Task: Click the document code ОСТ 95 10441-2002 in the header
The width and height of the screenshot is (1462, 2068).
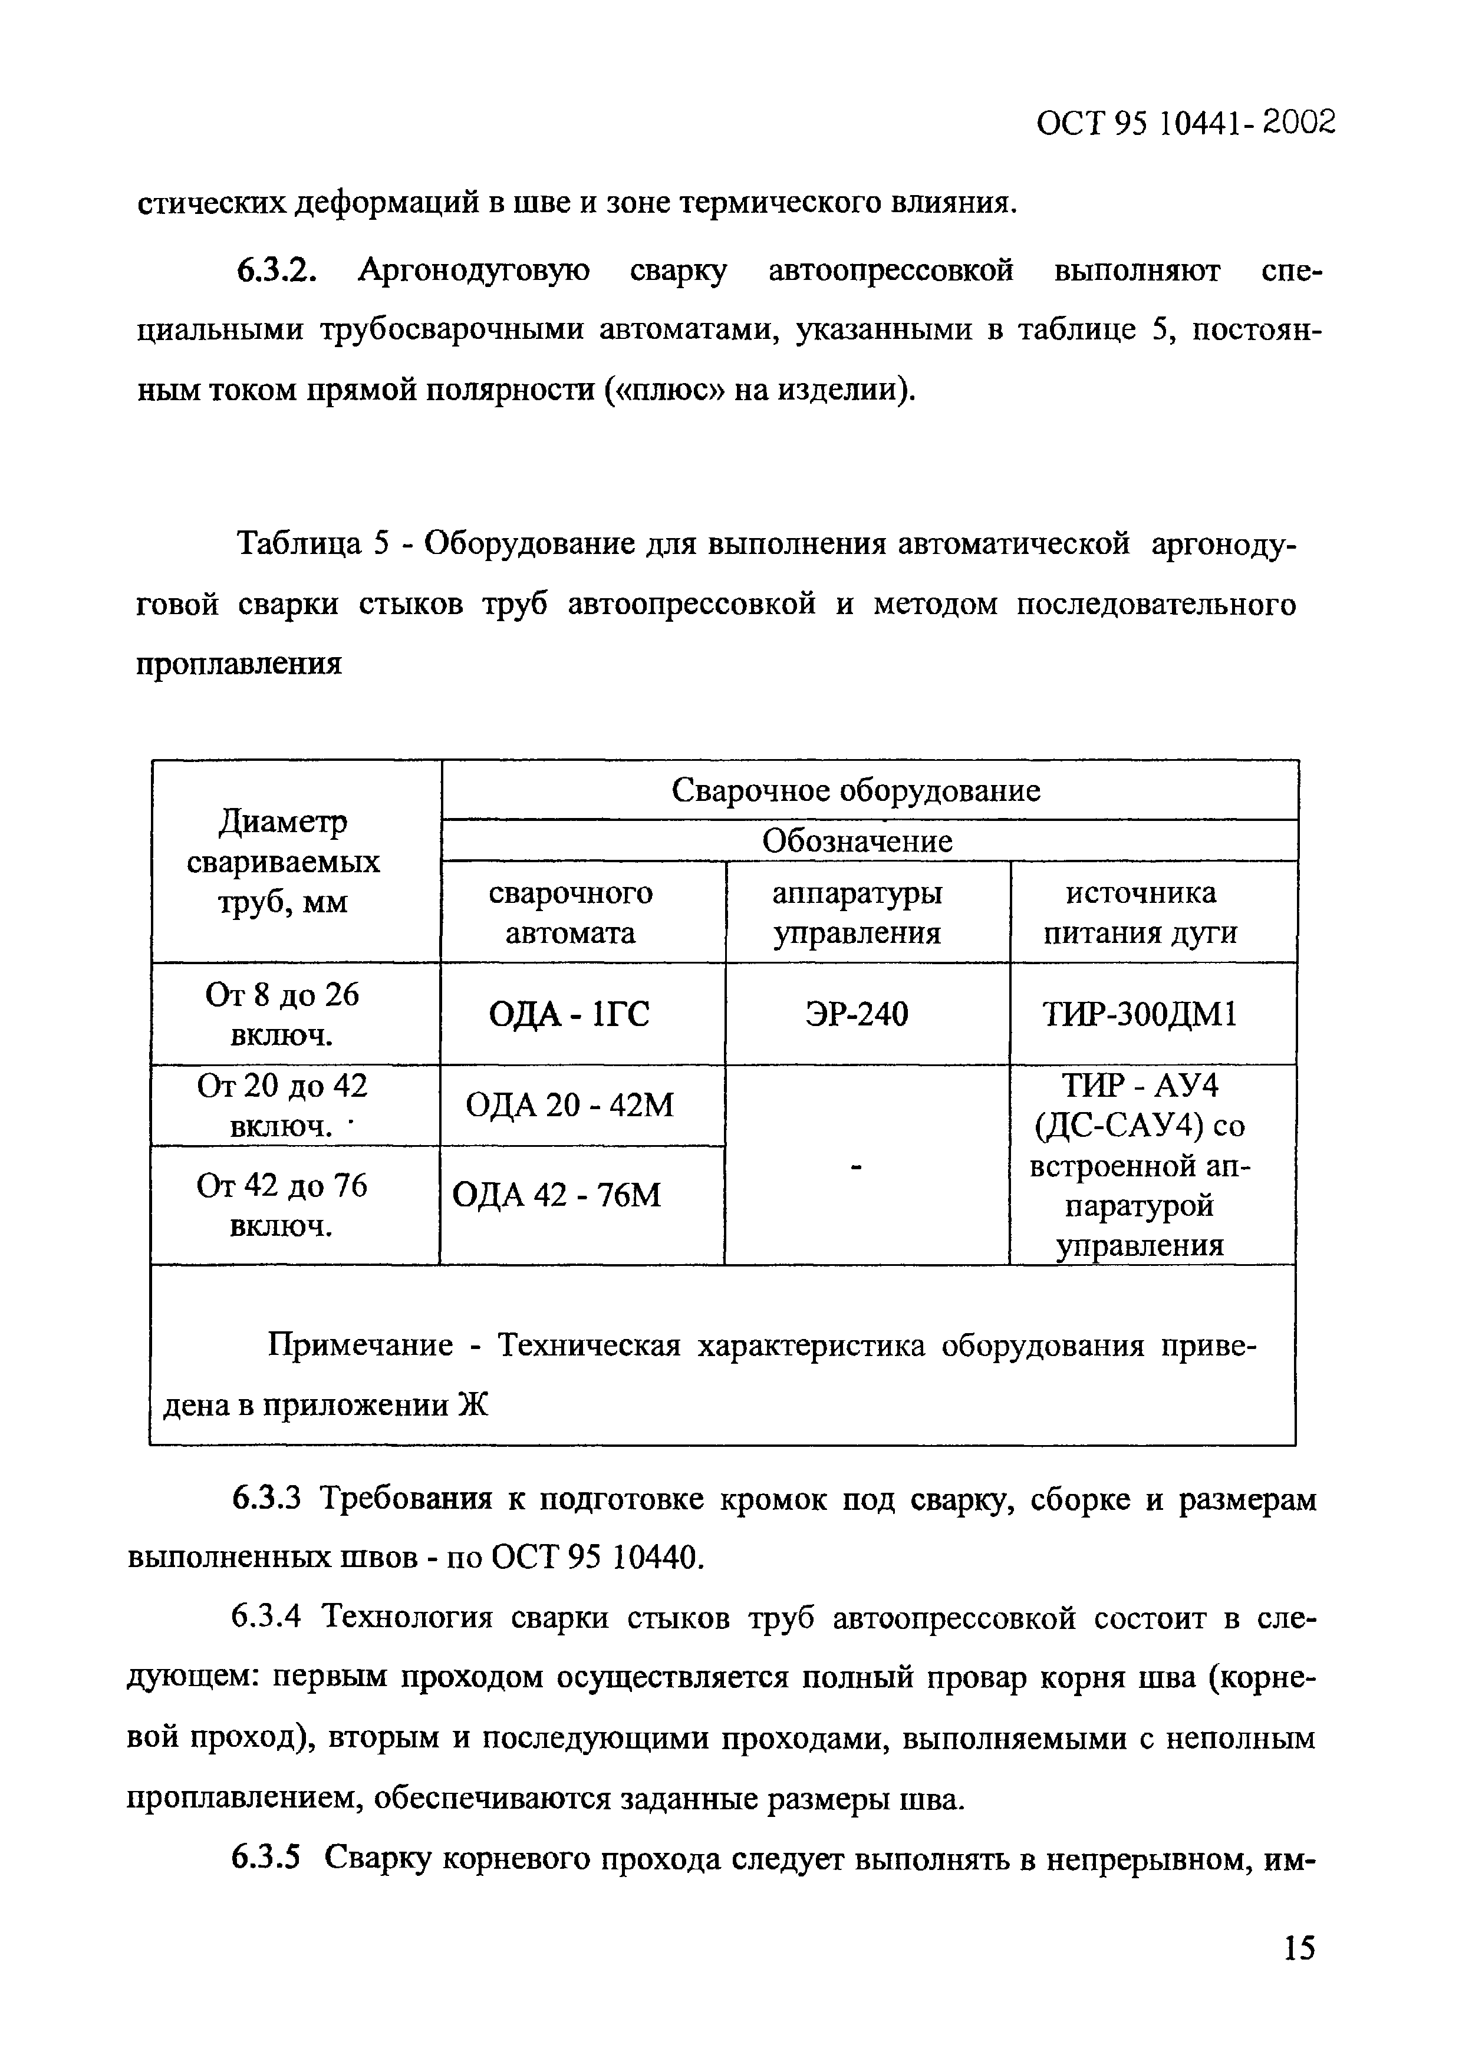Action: (x=1184, y=123)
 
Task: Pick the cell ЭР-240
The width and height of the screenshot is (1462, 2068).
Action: (x=856, y=1015)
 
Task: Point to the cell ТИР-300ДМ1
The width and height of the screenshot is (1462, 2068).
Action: (x=1140, y=1015)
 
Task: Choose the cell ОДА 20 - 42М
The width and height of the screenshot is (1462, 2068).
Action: (x=569, y=1105)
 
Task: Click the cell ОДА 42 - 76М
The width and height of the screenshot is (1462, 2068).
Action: (x=557, y=1195)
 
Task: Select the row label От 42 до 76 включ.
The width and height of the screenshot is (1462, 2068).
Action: (x=282, y=1206)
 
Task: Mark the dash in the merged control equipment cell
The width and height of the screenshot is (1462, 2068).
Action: (x=857, y=1168)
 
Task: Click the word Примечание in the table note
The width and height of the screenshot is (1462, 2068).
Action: (x=360, y=1345)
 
